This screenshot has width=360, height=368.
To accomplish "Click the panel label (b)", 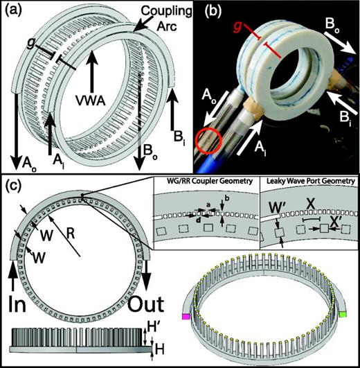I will coord(196,11).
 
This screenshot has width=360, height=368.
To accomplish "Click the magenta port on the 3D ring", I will coord(185,315).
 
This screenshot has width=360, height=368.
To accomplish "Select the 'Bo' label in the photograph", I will coord(333,28).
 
